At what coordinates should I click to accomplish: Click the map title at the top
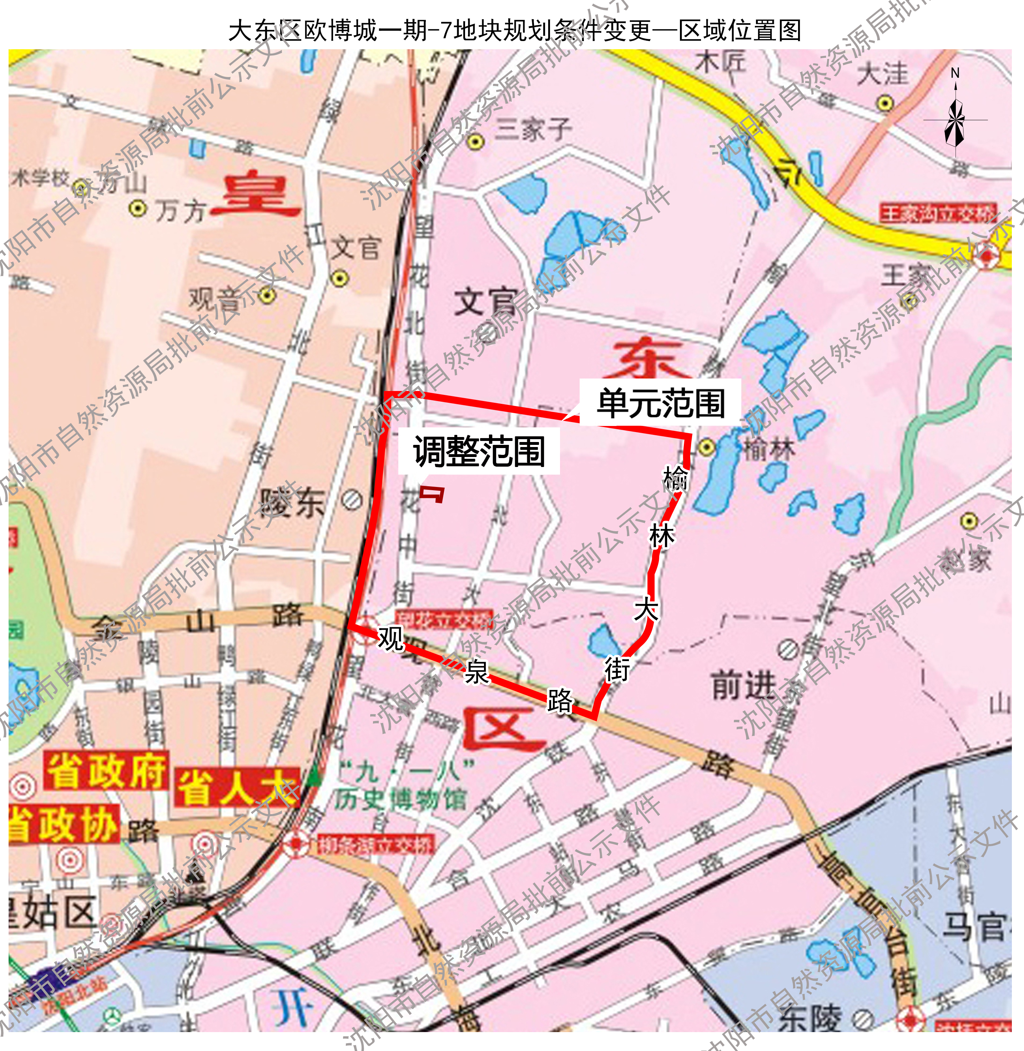pyautogui.click(x=515, y=31)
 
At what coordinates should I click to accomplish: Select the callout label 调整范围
pyautogui.click(x=479, y=452)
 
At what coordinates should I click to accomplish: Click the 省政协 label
pyautogui.click(x=64, y=824)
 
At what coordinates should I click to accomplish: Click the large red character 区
pyautogui.click(x=503, y=730)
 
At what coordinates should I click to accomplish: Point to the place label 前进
pyautogui.click(x=744, y=685)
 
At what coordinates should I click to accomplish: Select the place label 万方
pyautogui.click(x=181, y=211)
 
